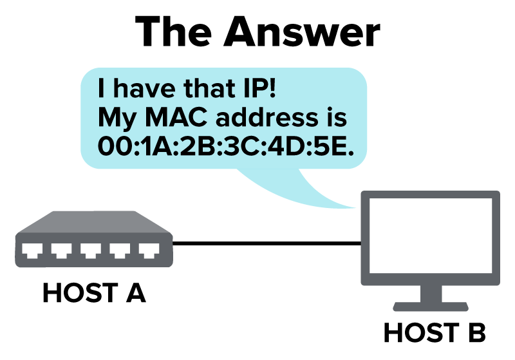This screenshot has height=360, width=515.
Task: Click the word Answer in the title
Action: (301, 32)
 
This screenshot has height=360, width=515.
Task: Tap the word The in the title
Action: (173, 31)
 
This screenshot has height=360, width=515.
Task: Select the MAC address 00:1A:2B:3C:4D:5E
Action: (226, 146)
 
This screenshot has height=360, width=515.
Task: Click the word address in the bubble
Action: (267, 117)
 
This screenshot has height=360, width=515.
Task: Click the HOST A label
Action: (94, 292)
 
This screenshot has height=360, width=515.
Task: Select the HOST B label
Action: (435, 332)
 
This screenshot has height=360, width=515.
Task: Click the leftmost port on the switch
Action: (32, 251)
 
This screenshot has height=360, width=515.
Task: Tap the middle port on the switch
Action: (91, 251)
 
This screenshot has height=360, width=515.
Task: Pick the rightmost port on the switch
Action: (149, 251)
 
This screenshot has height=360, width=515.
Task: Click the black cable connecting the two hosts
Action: (267, 243)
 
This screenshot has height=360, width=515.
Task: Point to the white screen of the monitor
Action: (431, 236)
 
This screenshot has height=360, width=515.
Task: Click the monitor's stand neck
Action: (431, 294)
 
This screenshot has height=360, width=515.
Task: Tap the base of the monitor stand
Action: (431, 307)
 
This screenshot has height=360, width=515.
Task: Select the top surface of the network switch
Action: (94, 222)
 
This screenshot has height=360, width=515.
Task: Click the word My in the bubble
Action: (117, 118)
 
